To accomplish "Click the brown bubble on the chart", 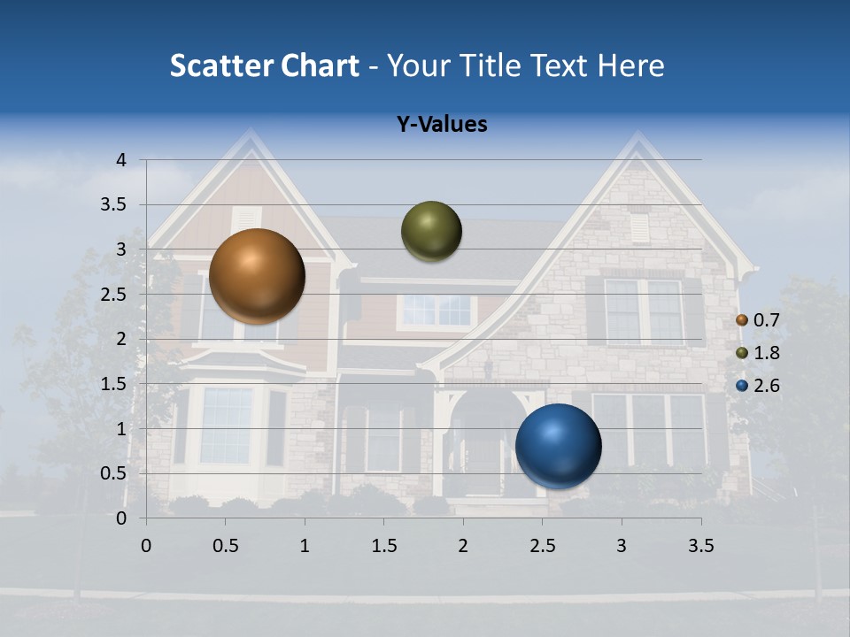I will coord(257,276).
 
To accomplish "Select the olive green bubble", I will coord(431,231).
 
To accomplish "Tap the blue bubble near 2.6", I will coord(558,446).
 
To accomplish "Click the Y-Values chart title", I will coord(442,125).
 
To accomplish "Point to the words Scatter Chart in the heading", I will coord(264,65).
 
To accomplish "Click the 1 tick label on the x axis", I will coord(305,546).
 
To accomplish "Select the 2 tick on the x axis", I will coord(463,546).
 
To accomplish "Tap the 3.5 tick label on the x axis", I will coord(700,546).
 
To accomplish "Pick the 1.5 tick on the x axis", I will coord(383,546).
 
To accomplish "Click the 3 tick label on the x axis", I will coord(622,546).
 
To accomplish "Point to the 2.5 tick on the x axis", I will coord(542,546).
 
